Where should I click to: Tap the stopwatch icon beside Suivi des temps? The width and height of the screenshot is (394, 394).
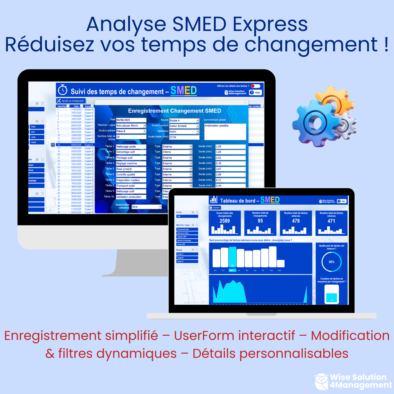click(63, 90)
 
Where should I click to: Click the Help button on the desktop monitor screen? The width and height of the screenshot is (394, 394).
click(255, 92)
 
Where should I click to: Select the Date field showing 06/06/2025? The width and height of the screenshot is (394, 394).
click(131, 120)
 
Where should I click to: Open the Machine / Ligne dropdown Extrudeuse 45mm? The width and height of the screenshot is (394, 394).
click(131, 126)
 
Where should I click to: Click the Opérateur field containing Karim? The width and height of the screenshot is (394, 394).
click(184, 132)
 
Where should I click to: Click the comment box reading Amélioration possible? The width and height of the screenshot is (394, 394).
click(225, 131)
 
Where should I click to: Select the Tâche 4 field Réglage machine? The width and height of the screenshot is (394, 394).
click(131, 163)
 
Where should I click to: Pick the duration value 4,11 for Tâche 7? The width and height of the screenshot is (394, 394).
click(230, 180)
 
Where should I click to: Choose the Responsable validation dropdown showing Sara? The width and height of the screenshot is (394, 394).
click(146, 207)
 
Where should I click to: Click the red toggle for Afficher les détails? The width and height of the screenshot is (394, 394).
click(255, 86)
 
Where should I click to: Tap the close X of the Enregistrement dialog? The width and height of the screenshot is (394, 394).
click(245, 103)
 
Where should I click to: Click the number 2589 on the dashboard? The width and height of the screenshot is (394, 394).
click(225, 221)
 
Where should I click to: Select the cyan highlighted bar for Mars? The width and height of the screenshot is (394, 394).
click(233, 257)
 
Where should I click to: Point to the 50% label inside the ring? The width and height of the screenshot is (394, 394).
click(332, 262)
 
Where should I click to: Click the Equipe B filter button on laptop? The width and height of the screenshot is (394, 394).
click(187, 258)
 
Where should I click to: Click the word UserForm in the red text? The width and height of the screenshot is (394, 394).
click(234, 336)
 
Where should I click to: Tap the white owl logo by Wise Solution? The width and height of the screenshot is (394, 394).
click(322, 381)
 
